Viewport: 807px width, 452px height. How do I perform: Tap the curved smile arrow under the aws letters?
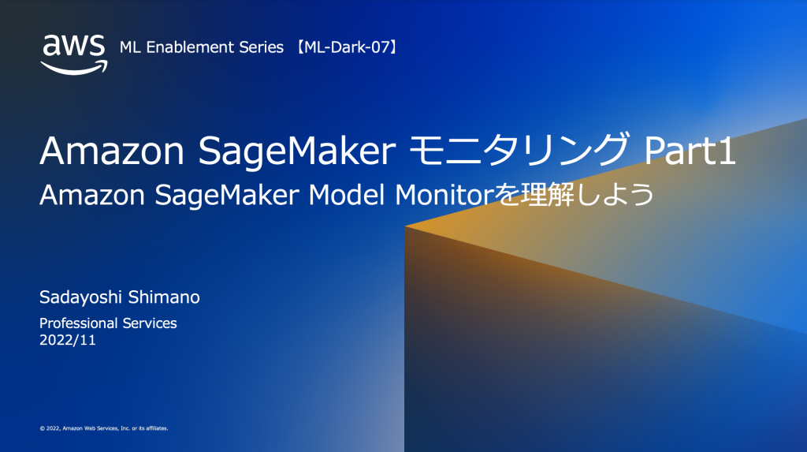pyautogui.click(x=75, y=68)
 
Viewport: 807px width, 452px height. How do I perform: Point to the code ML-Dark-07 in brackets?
pyautogui.click(x=348, y=47)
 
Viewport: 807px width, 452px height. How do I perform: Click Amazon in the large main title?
pyautogui.click(x=112, y=151)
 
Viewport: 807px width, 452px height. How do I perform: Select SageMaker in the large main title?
pyautogui.click(x=297, y=151)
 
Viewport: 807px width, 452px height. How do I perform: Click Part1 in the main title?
pyautogui.click(x=690, y=151)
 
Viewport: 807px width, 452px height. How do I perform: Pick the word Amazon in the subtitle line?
pyautogui.click(x=92, y=195)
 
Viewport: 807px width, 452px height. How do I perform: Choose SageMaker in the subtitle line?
pyautogui.click(x=227, y=196)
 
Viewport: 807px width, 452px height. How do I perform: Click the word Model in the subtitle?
pyautogui.click(x=347, y=195)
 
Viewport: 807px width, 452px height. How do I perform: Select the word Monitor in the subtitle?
pyautogui.click(x=444, y=195)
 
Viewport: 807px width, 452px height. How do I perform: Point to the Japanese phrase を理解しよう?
pyautogui.click(x=575, y=195)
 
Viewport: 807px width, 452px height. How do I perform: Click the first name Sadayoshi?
pyautogui.click(x=81, y=297)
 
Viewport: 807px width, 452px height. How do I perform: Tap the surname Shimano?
pyautogui.click(x=164, y=297)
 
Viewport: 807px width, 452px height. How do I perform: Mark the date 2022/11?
pyautogui.click(x=68, y=340)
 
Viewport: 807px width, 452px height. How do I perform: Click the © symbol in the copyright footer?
pyautogui.click(x=43, y=428)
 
